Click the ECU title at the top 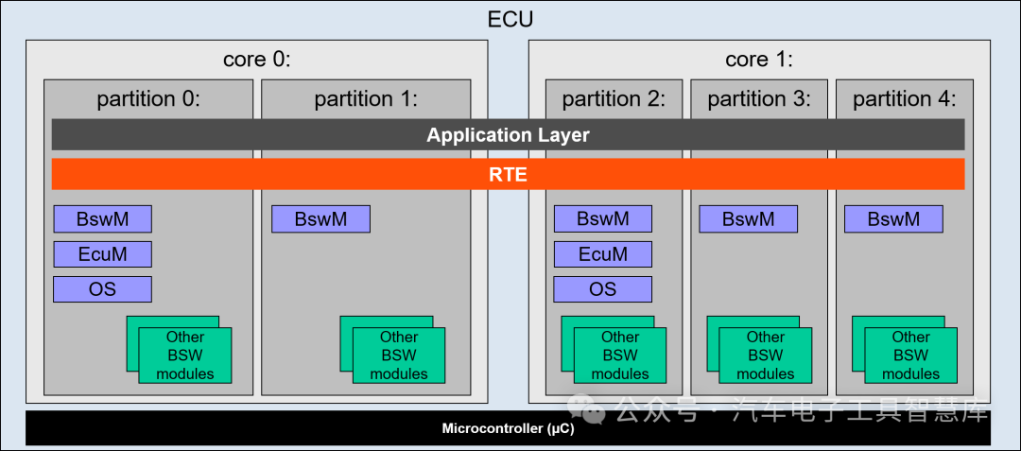pyautogui.click(x=510, y=19)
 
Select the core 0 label pyautogui.click(x=256, y=60)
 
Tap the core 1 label pyautogui.click(x=758, y=60)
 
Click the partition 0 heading pyautogui.click(x=148, y=98)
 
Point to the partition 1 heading pyautogui.click(x=366, y=98)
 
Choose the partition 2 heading pyautogui.click(x=614, y=98)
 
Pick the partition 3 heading pyautogui.click(x=759, y=98)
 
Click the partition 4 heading pyautogui.click(x=905, y=98)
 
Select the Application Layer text pyautogui.click(x=508, y=135)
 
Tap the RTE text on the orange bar pyautogui.click(x=508, y=174)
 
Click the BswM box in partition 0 pyautogui.click(x=102, y=219)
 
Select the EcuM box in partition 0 pyautogui.click(x=102, y=254)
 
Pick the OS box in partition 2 pyautogui.click(x=602, y=289)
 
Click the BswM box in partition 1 pyautogui.click(x=320, y=219)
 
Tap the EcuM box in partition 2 pyautogui.click(x=602, y=254)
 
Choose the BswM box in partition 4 pyautogui.click(x=893, y=219)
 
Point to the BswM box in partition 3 pyautogui.click(x=748, y=219)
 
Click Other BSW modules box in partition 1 pyautogui.click(x=398, y=356)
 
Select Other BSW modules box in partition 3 pyautogui.click(x=765, y=356)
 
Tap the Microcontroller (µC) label pyautogui.click(x=508, y=429)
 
